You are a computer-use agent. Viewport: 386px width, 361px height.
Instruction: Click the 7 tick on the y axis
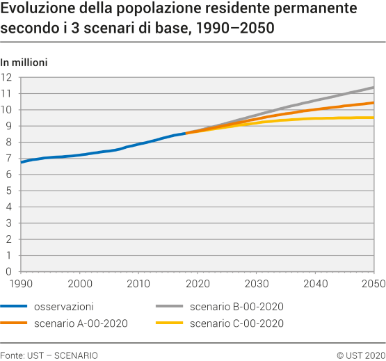tap(9, 158)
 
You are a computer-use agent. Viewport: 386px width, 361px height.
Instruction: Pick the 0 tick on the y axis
tap(9, 271)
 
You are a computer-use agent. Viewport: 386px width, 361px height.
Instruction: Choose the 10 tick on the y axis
tap(7, 109)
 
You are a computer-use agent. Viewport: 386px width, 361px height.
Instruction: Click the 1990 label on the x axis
tap(22, 284)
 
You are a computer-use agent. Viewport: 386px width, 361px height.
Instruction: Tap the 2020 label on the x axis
tap(198, 284)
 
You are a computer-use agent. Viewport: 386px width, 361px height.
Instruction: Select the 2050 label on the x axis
tap(373, 284)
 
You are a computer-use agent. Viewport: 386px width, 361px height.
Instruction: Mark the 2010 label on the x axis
tap(139, 284)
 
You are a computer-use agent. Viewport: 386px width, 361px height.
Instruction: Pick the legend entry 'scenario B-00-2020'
tap(236, 307)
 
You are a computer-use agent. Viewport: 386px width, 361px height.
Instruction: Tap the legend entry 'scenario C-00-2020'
tap(236, 323)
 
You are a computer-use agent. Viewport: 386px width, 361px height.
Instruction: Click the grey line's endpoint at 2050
tap(373, 88)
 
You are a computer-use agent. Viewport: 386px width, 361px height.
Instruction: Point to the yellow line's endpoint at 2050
tap(373, 118)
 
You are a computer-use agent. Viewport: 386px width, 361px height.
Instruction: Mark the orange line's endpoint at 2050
tap(373, 103)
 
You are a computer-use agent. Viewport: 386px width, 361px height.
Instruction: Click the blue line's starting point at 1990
tap(22, 162)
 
